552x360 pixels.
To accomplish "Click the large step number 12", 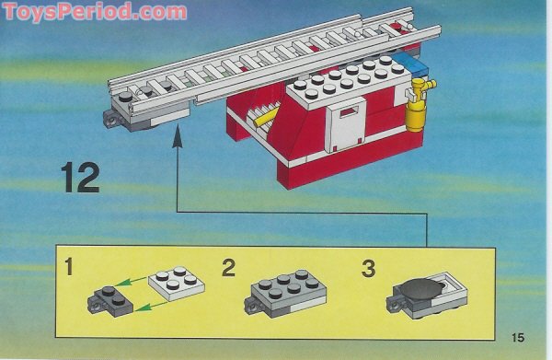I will coord(81,177).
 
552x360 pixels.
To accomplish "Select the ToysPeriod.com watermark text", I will coord(94,11).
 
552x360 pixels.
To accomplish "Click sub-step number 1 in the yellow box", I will coord(69,271).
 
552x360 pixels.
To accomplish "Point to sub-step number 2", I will coord(229,270).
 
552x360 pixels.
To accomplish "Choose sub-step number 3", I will coord(368,270).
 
